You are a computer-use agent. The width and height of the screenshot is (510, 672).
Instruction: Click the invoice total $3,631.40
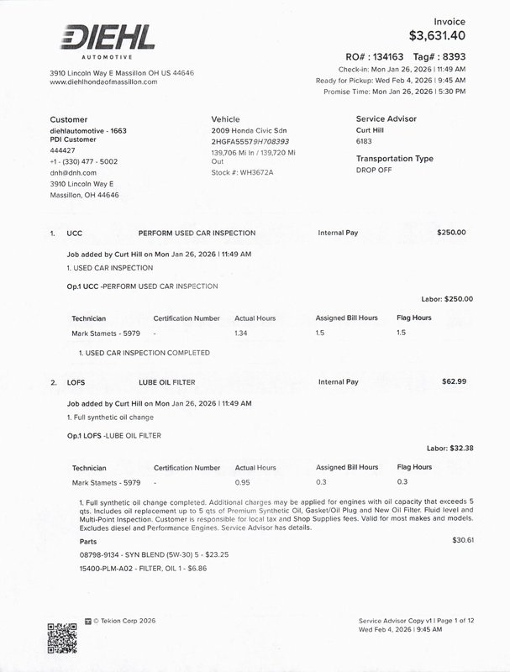coord(437,35)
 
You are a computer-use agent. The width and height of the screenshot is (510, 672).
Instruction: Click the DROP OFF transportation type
coord(376,170)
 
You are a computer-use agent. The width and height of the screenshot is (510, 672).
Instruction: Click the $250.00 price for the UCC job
coord(451,232)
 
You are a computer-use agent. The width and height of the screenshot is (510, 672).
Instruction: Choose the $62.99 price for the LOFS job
coord(454,382)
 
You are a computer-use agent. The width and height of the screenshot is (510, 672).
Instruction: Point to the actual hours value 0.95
coord(243,481)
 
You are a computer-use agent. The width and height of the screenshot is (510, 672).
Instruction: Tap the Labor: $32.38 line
coord(450,449)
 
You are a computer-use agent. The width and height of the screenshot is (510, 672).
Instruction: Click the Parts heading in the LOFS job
coord(76,542)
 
